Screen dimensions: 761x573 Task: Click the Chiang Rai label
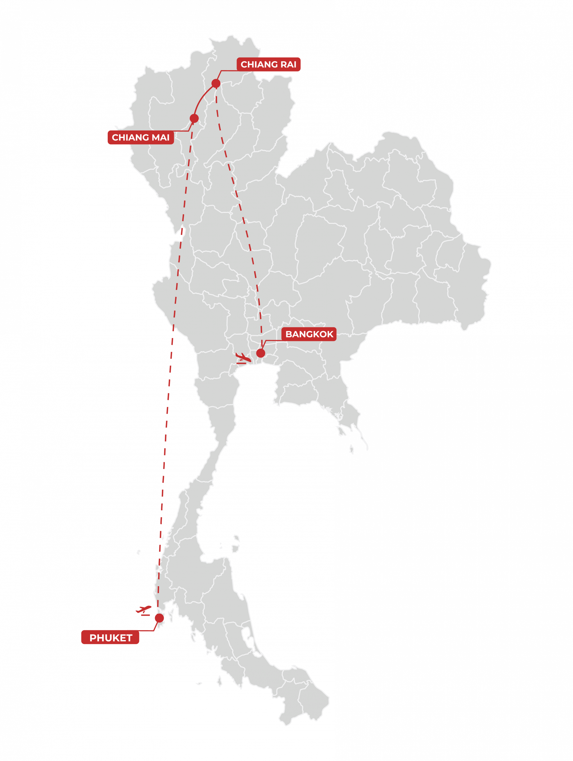point(268,64)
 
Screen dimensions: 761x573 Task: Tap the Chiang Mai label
point(140,137)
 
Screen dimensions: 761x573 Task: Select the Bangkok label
point(309,334)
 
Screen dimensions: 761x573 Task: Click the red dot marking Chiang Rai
point(216,83)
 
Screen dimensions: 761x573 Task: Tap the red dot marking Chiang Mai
point(194,118)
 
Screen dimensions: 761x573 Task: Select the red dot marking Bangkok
point(261,353)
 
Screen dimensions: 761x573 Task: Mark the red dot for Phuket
point(159,618)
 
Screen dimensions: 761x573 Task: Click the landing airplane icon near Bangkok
point(243,358)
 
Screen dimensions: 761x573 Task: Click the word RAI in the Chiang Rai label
point(288,64)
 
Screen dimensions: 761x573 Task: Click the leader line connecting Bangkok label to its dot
point(272,341)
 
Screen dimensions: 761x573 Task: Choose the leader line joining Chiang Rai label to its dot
point(227,70)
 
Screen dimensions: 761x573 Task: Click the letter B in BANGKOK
point(289,334)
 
